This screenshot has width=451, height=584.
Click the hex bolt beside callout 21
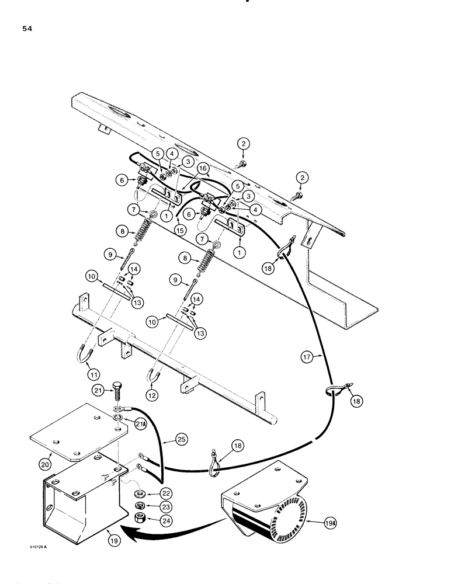point(117,395)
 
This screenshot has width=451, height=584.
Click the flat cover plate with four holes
point(78,432)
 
